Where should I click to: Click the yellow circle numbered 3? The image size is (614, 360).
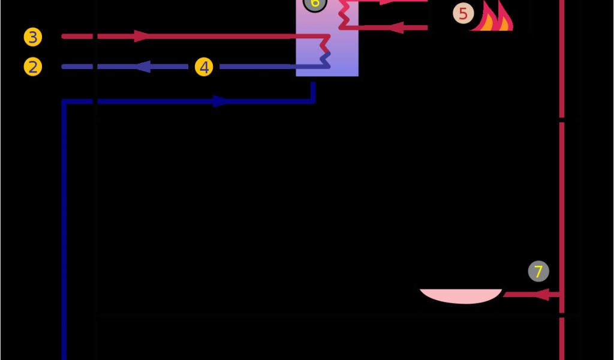(x=33, y=37)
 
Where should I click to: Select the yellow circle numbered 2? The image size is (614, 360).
(x=33, y=67)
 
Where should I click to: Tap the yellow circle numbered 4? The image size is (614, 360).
(x=204, y=67)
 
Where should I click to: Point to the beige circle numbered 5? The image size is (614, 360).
(x=462, y=13)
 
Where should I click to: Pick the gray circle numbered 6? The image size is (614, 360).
(x=315, y=4)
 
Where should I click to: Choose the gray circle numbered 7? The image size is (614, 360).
(x=538, y=271)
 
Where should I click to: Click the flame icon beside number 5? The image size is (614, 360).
(x=493, y=18)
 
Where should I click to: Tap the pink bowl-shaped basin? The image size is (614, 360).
(x=460, y=295)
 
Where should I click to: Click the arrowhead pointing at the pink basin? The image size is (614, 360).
(x=541, y=295)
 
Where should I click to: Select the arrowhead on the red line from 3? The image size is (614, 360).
(x=142, y=37)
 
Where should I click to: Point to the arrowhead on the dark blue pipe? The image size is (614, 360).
(x=221, y=101)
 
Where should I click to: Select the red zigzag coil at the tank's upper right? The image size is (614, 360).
(x=345, y=14)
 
